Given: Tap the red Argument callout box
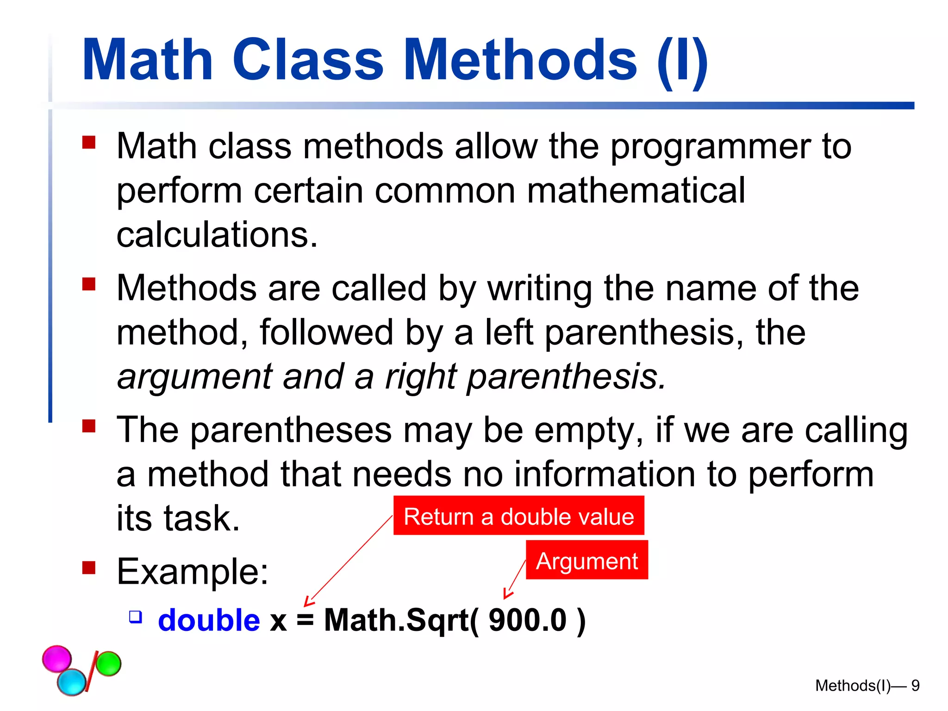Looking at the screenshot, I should tap(586, 561).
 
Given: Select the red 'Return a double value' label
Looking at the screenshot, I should tap(518, 516).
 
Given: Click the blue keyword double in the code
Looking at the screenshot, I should tap(209, 620).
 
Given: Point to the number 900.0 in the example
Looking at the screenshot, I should tap(527, 620).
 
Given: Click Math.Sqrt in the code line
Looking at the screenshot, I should tap(396, 620).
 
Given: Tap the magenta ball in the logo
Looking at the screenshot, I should tap(57, 658).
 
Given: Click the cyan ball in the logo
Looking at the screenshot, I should tap(72, 682).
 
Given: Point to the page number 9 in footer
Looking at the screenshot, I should tap(915, 686).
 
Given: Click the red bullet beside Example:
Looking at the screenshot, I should tap(88, 568).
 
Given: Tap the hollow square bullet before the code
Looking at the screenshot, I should tap(135, 617).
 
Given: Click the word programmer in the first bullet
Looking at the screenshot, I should tap(711, 147).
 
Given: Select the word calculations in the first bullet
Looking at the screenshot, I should tap(217, 235).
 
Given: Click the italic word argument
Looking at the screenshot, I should tap(194, 377).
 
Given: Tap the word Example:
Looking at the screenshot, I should tap(193, 572).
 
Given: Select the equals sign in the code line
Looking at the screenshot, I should tap(305, 620).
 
